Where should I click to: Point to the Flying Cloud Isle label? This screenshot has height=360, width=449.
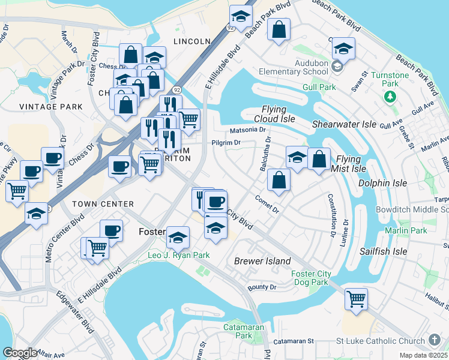[279, 114]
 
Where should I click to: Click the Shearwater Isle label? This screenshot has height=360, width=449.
[344, 124]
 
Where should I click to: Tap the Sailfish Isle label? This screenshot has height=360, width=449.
[383, 251]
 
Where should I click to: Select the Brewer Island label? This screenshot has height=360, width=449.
[262, 261]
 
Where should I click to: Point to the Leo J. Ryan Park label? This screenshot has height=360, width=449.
[179, 255]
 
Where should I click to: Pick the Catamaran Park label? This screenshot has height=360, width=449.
[238, 331]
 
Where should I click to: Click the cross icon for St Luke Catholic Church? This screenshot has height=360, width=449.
[434, 341]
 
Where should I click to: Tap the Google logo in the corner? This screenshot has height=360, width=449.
[20, 353]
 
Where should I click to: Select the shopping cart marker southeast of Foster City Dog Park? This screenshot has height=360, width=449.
[357, 298]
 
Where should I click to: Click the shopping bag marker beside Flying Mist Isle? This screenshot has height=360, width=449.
[319, 160]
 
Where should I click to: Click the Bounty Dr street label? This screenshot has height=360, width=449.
[261, 287]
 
